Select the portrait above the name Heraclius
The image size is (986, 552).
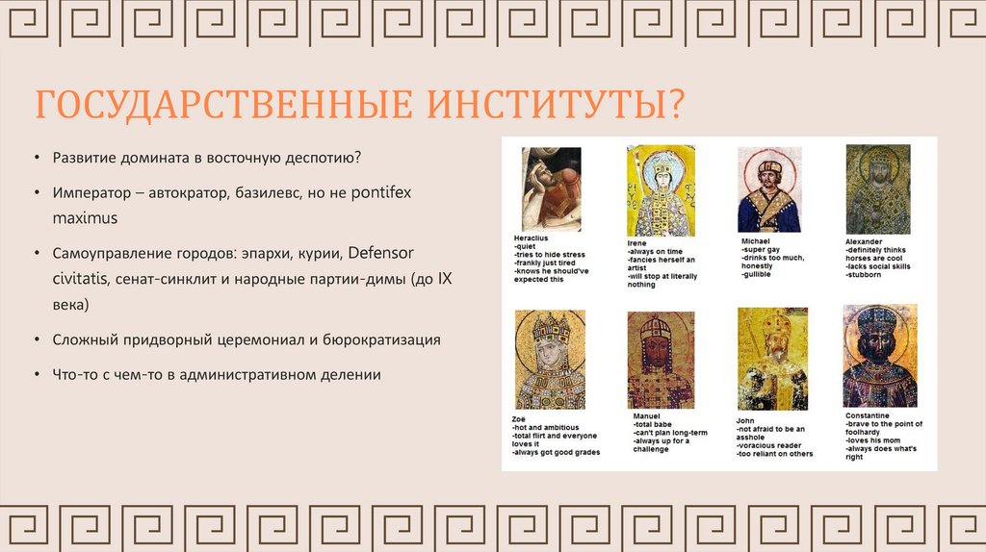552,189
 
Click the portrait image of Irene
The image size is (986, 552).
661,191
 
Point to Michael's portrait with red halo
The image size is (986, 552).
769,189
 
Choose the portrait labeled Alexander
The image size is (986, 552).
878,189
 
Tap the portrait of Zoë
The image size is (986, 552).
550,360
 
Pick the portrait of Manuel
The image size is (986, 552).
661,360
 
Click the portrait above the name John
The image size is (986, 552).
773,360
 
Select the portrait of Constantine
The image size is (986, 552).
880,356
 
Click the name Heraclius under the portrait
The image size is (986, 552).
531,238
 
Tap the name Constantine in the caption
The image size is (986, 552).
868,415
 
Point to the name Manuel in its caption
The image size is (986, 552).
646,416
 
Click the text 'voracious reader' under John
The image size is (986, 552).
769,445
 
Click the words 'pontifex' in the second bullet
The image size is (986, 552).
381,192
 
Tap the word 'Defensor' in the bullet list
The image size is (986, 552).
381,253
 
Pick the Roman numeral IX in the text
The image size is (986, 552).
445,279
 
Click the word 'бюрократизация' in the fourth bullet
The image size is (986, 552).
381,340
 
